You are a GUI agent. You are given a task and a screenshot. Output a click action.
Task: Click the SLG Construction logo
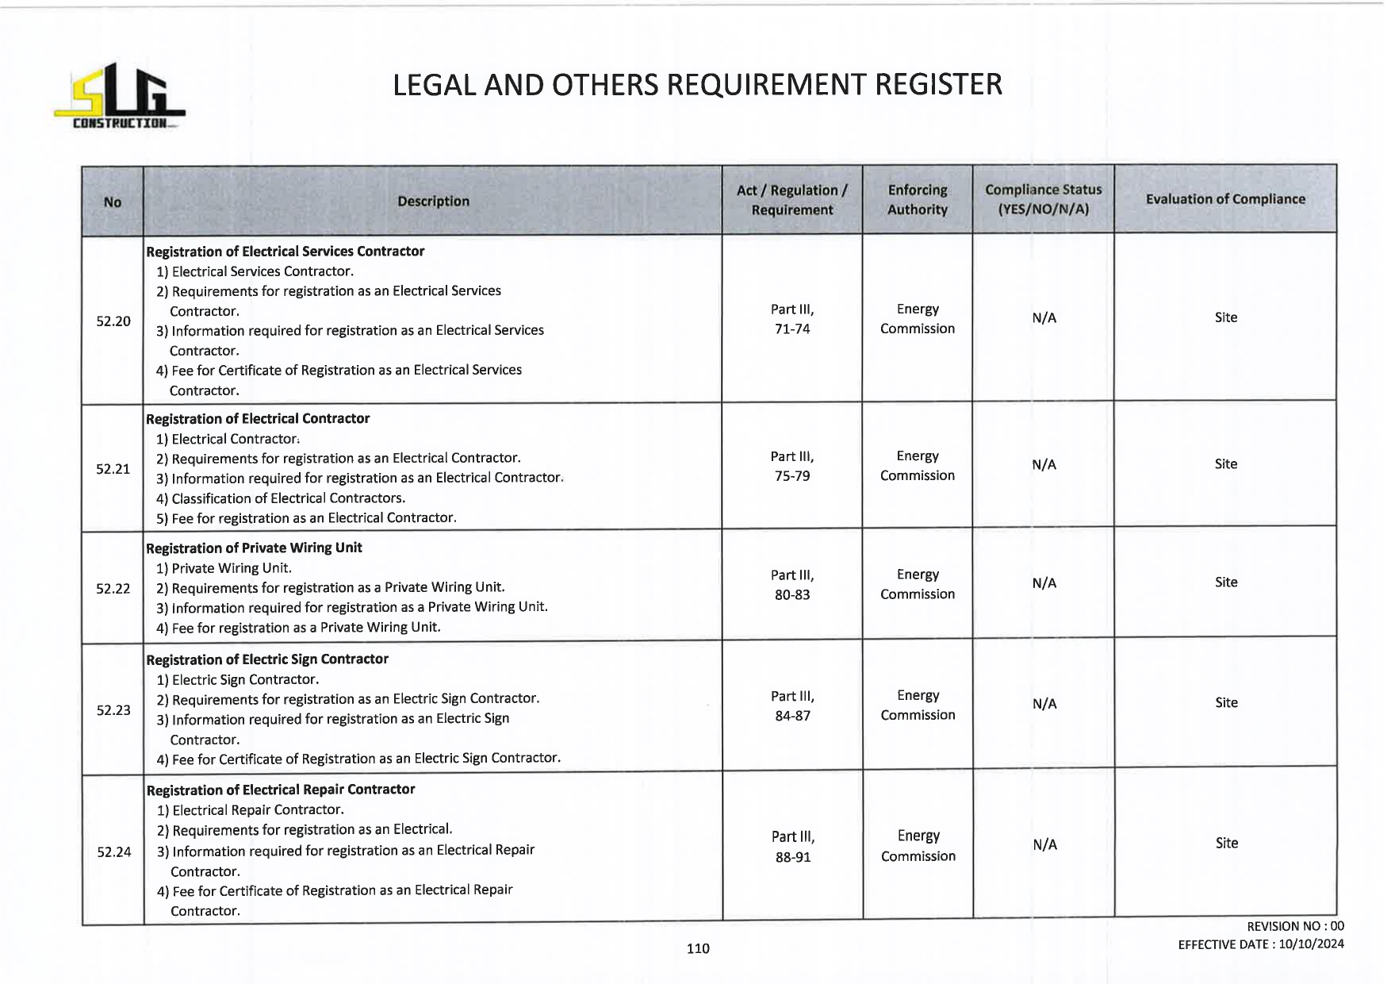(119, 97)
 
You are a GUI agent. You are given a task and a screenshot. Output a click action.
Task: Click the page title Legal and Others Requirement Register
(697, 85)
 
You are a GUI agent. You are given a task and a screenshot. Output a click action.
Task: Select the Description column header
(433, 202)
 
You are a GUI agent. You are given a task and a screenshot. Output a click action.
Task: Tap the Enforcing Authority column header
(917, 200)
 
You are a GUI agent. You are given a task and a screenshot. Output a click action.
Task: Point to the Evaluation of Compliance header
(1224, 199)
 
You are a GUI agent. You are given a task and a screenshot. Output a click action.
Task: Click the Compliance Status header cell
(1043, 200)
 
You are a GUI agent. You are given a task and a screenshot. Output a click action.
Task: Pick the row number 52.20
(113, 321)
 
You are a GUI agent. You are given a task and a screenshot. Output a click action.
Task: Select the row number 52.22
(113, 589)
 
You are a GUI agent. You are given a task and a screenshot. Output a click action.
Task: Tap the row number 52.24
(114, 852)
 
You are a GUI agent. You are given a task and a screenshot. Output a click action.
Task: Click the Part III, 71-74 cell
(792, 319)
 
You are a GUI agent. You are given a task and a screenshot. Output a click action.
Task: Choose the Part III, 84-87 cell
(793, 706)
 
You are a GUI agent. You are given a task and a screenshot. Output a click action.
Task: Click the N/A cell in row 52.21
(1044, 465)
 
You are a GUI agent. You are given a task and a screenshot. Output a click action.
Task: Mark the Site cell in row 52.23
(1226, 703)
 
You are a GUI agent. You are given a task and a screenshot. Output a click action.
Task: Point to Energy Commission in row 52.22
(918, 584)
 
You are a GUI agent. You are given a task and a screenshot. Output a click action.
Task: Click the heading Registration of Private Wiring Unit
(254, 548)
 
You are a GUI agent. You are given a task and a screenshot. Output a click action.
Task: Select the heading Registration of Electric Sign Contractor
(267, 659)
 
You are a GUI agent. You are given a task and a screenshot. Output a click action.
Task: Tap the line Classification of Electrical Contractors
(288, 498)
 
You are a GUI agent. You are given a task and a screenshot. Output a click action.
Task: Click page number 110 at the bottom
(698, 948)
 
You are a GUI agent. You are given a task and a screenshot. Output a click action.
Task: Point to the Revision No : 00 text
(1295, 926)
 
